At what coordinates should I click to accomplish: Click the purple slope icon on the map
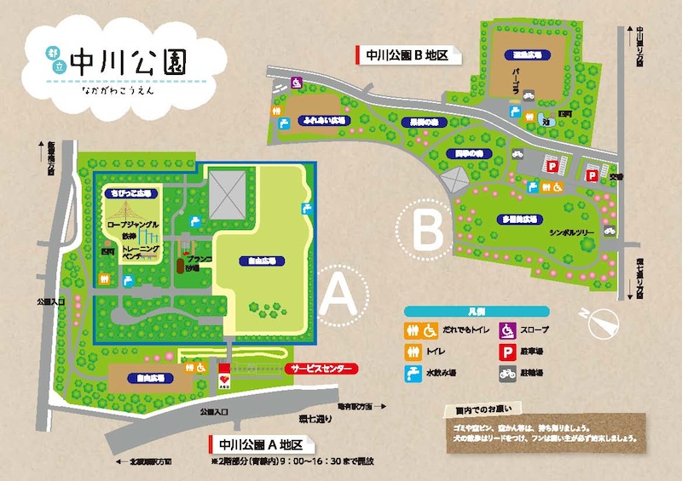pyautogui.click(x=296, y=83)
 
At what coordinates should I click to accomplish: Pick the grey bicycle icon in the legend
pyautogui.click(x=506, y=373)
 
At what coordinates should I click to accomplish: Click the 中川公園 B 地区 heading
pyautogui.click(x=407, y=55)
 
